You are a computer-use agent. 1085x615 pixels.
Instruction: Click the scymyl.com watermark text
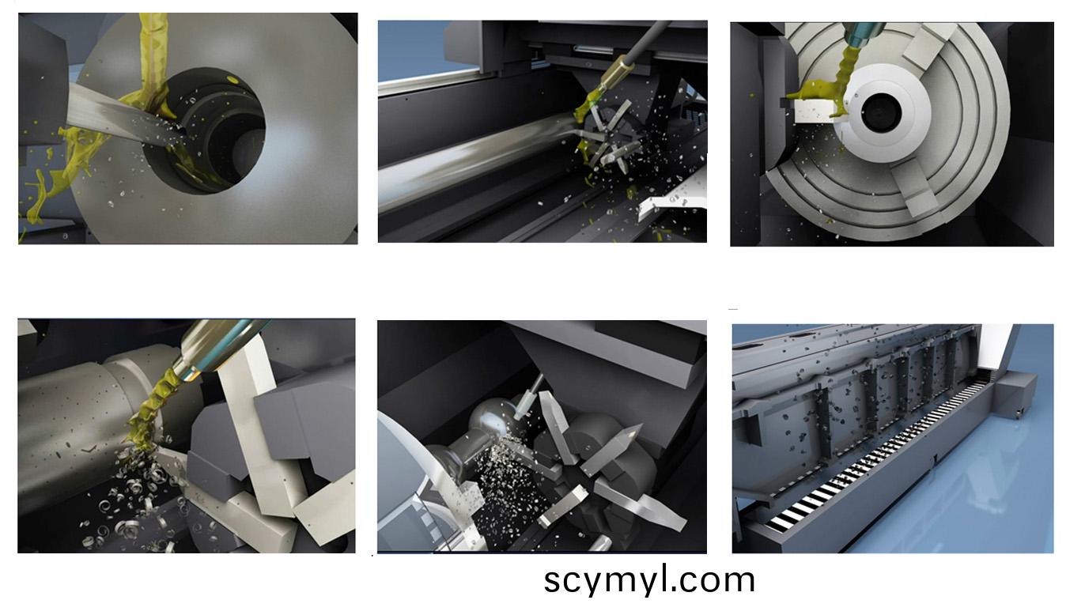(649, 581)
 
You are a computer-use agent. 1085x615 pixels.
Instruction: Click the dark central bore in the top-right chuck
(881, 113)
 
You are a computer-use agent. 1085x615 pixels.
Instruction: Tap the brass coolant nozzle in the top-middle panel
(613, 72)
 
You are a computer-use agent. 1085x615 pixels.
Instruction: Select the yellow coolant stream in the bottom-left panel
(151, 407)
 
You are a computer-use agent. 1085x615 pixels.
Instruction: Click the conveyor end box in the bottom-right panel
(1016, 394)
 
